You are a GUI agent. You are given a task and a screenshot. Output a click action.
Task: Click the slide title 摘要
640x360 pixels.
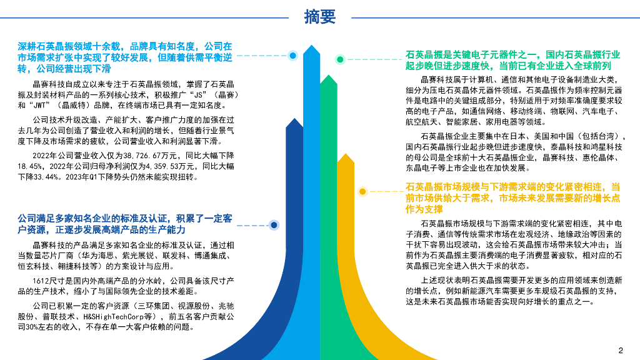(319, 17)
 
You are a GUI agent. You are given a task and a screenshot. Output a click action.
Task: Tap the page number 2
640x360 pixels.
(621, 349)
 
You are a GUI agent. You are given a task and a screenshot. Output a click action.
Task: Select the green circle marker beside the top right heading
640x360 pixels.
(339, 59)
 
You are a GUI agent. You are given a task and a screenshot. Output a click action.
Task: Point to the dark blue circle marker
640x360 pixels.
(273, 225)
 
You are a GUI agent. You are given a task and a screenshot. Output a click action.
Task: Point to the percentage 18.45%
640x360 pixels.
(30, 166)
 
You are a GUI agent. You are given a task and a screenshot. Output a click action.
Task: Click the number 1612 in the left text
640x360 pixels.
(41, 281)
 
